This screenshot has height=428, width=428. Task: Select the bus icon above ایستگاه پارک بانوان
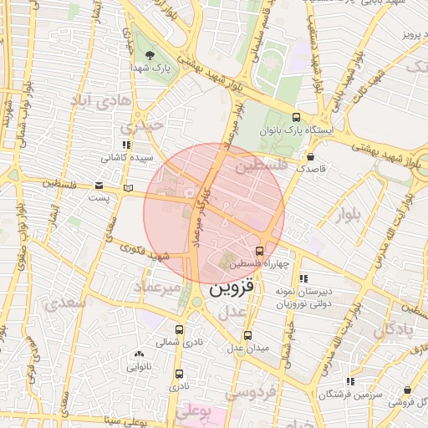pyautogui.click(x=297, y=118)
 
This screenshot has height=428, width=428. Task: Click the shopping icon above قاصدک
pyautogui.click(x=311, y=156)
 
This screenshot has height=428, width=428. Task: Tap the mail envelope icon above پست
pyautogui.click(x=99, y=186)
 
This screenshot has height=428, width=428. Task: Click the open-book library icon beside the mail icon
pyautogui.click(x=127, y=187)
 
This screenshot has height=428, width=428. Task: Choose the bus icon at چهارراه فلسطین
pyautogui.click(x=259, y=250)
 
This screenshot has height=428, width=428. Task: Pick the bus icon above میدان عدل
pyautogui.click(x=237, y=335)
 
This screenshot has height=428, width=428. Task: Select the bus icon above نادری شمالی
pyautogui.click(x=180, y=330)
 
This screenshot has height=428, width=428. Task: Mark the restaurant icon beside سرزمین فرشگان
pyautogui.click(x=352, y=381)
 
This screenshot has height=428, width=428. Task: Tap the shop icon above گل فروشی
pyautogui.click(x=407, y=390)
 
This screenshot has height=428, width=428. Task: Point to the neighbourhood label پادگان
pyautogui.click(x=394, y=329)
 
